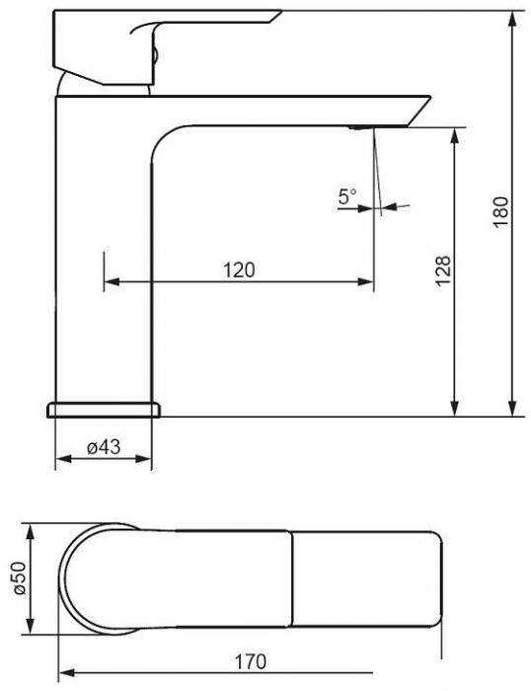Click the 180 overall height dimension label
click(x=501, y=211)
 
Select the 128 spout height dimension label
click(x=444, y=270)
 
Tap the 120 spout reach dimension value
click(x=239, y=269)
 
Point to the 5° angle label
click(x=347, y=196)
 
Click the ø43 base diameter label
click(x=104, y=447)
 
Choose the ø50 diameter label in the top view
click(x=20, y=578)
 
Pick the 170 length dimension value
click(x=251, y=661)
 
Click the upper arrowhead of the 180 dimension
click(x=512, y=19)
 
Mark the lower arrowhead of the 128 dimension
click(x=455, y=408)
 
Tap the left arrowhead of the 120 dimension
click(x=112, y=281)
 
